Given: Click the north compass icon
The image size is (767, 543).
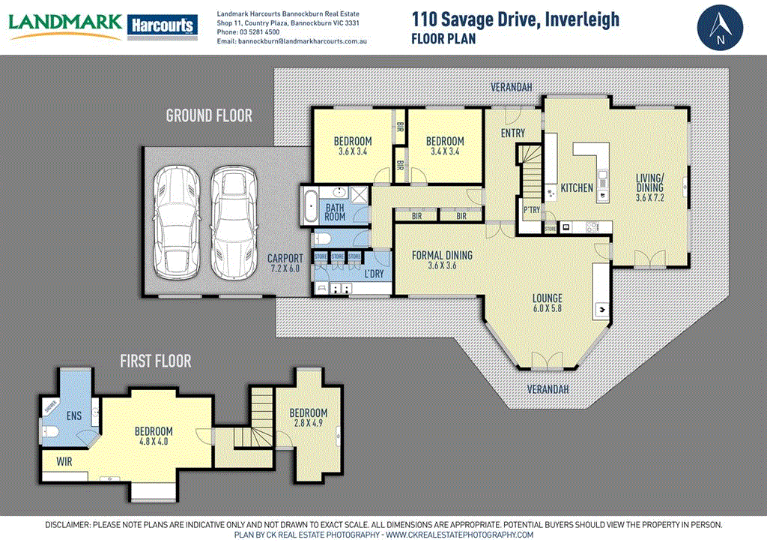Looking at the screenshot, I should pyautogui.click(x=721, y=27).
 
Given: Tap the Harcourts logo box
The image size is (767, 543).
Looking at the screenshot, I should pyautogui.click(x=163, y=25).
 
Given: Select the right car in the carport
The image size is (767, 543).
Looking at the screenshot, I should pyautogui.click(x=232, y=222).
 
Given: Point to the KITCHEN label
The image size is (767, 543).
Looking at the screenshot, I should pyautogui.click(x=577, y=187).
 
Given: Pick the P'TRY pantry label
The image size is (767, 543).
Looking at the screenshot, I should pyautogui.click(x=532, y=210).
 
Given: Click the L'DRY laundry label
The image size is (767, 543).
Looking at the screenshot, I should pyautogui.click(x=374, y=274).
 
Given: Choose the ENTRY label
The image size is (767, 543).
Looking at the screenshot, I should pyautogui.click(x=513, y=133).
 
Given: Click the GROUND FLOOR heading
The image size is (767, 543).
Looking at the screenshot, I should pyautogui.click(x=209, y=115).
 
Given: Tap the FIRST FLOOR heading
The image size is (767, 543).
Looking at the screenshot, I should pyautogui.click(x=156, y=361).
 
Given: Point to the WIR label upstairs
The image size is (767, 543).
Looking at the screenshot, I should pyautogui.click(x=64, y=462).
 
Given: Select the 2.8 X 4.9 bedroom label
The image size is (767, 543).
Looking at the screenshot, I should pyautogui.click(x=309, y=418).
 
